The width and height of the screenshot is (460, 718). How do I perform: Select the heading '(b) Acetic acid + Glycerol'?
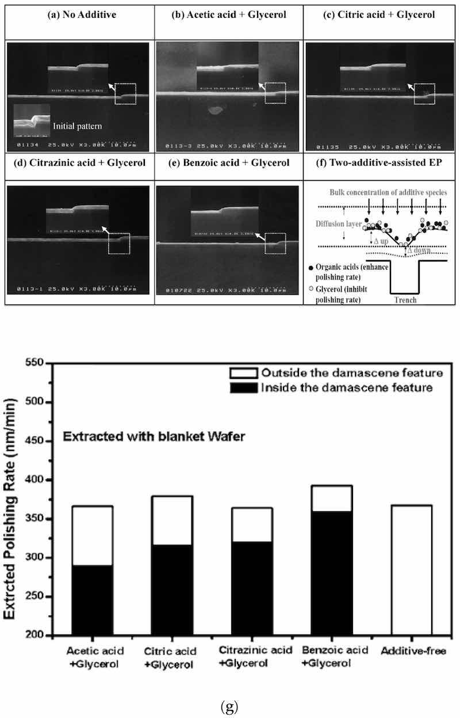pos(229,14)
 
